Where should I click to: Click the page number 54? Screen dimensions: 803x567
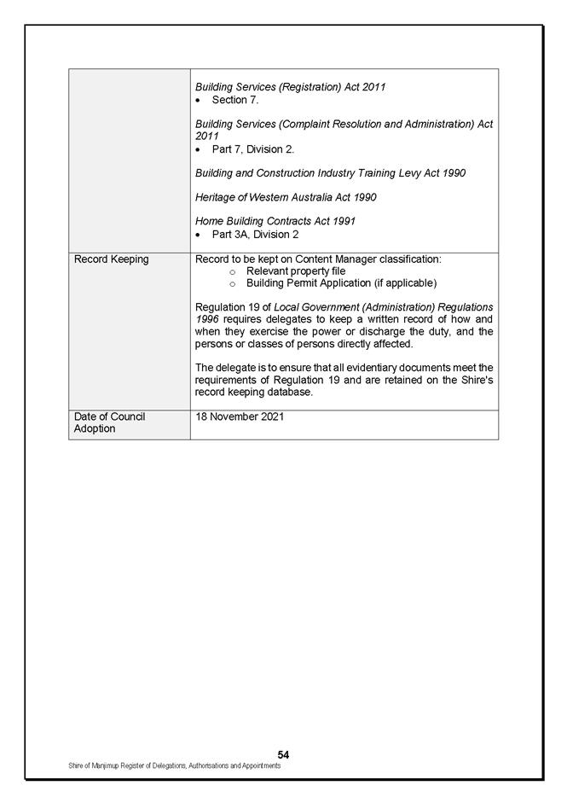pyautogui.click(x=283, y=754)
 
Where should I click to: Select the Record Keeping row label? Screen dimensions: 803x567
pyautogui.click(x=111, y=259)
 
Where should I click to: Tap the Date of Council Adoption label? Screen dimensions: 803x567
pyautogui.click(x=109, y=422)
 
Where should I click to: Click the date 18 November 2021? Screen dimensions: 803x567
pyautogui.click(x=240, y=416)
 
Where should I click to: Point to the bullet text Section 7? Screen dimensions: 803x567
pyautogui.click(x=229, y=100)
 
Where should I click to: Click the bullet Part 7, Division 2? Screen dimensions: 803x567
pyautogui.click(x=252, y=149)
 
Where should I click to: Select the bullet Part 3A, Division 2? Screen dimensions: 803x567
pyautogui.click(x=255, y=234)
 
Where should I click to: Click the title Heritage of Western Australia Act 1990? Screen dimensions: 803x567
pyautogui.click(x=286, y=197)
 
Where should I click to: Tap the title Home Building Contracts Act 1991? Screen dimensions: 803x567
pyautogui.click(x=275, y=221)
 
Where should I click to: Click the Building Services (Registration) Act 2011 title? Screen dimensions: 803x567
pyautogui.click(x=290, y=87)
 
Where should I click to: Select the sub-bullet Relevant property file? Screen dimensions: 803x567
pyautogui.click(x=296, y=271)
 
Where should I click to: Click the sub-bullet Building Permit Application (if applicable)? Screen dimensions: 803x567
pyautogui.click(x=341, y=282)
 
